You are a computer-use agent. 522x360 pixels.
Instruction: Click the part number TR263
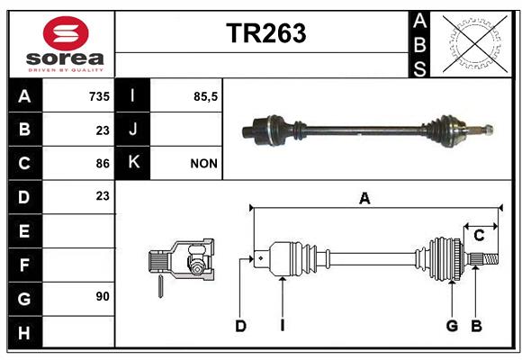coord(266,33)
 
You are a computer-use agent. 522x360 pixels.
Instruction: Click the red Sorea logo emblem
coord(66,33)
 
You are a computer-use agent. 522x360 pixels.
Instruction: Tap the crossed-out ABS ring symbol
coord(475,43)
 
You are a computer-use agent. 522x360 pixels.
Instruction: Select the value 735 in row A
coord(99,96)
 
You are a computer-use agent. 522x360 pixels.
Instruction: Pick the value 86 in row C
coord(103,164)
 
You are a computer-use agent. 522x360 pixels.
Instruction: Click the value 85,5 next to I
coord(205,96)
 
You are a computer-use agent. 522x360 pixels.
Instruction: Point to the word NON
coord(203,164)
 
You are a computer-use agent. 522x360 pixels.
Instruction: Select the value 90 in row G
coord(103,296)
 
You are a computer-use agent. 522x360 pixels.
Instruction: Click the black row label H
coord(25,332)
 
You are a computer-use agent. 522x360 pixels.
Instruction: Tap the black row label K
coord(132,163)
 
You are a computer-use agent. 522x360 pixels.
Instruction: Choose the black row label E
coord(25,230)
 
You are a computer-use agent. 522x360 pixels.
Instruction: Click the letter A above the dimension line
coord(364,199)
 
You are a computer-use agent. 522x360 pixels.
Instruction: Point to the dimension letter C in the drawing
coord(479,236)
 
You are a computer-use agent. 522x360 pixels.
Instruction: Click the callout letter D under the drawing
coord(240,326)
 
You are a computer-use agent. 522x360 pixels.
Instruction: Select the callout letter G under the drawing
coord(452,326)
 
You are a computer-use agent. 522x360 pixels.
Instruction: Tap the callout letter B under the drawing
coord(476,326)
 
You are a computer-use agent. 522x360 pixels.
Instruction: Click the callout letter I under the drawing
coord(283,326)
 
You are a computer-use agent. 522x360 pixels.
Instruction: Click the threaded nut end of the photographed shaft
coord(489,130)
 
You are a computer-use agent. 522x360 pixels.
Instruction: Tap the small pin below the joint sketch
coord(160,286)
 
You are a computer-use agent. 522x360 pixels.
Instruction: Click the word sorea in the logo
coord(65,58)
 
